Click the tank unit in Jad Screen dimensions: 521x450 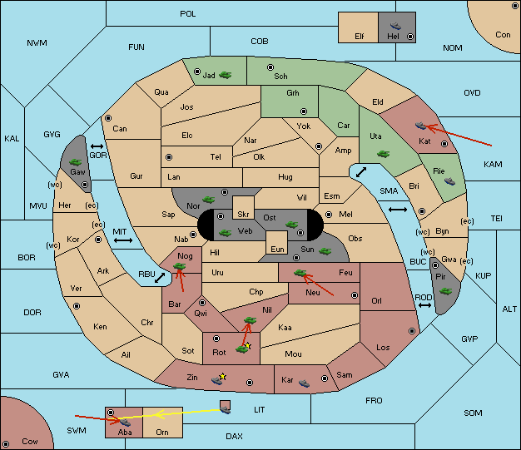226,75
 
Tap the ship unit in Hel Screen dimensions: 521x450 395,26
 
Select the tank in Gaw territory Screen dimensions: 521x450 76,162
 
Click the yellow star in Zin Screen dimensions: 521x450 222,376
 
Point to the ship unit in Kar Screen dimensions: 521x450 304,383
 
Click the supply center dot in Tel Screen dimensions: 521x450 169,156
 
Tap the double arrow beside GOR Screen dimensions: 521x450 97,146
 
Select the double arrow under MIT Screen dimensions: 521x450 123,240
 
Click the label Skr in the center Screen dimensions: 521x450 243,215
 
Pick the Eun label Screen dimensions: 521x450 277,249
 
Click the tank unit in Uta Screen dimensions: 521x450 383,154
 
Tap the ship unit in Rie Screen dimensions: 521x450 450,181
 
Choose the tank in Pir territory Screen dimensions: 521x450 445,291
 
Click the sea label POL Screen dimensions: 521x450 188,14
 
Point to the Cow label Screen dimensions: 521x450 30,442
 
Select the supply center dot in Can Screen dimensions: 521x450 108,118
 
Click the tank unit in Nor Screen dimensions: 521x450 209,200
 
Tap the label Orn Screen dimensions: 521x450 162,432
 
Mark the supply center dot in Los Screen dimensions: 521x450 412,331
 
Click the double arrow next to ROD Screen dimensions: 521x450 424,305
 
